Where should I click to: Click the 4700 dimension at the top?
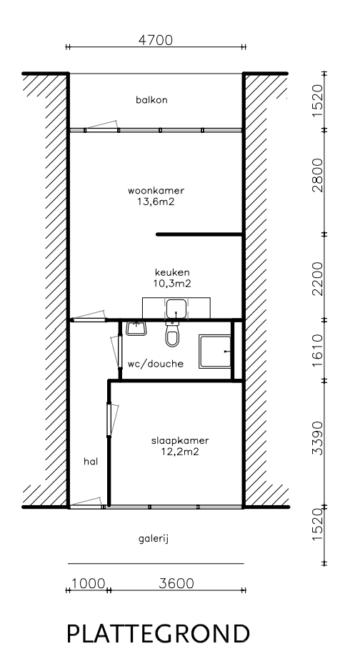(156, 40)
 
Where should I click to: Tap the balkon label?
(151, 100)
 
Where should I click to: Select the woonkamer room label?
(156, 191)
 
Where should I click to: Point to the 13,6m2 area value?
(156, 202)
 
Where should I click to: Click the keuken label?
(172, 272)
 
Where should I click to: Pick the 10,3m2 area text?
(172, 283)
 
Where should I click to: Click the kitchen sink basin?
(176, 309)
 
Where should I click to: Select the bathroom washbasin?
(136, 328)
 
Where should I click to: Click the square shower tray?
(215, 352)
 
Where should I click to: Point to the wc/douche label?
(156, 364)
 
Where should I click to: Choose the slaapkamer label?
(180, 441)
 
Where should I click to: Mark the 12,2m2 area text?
(180, 452)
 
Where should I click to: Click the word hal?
(91, 462)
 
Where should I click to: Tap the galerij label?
(154, 539)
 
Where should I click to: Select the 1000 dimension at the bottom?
(89, 583)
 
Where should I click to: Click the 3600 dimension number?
(176, 583)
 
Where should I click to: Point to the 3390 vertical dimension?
(318, 438)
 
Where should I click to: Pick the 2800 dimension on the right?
(318, 175)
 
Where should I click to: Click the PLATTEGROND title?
(158, 634)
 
